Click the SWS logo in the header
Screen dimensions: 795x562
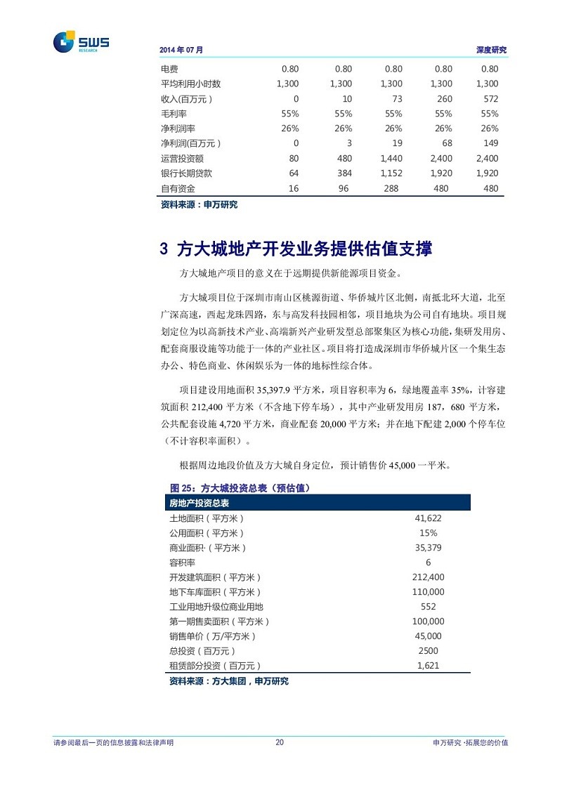point(81,42)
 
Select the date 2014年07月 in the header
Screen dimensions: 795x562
point(181,51)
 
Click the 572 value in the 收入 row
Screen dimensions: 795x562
point(490,99)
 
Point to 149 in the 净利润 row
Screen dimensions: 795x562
point(490,143)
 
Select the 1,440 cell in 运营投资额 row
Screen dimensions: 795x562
point(391,159)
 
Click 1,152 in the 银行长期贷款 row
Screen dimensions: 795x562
point(391,173)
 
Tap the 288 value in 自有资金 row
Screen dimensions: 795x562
point(391,188)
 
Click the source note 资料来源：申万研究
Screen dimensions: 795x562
point(199,204)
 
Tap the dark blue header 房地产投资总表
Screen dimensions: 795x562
point(204,504)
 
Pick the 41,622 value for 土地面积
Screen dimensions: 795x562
point(429,518)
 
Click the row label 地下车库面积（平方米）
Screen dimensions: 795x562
point(215,592)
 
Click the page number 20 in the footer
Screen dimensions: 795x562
point(280,743)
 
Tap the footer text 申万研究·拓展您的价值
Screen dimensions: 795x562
point(471,743)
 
